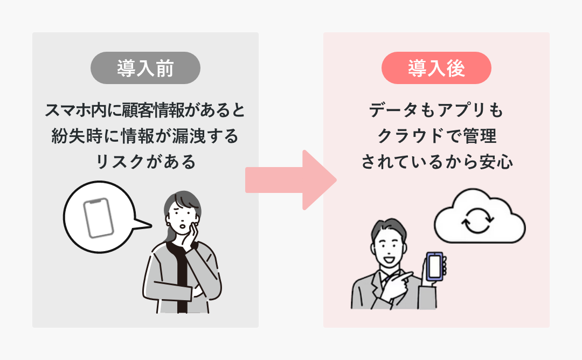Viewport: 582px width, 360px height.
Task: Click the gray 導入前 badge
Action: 145,68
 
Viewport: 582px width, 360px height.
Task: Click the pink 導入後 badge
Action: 436,68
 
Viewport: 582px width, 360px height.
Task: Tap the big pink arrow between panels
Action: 291,179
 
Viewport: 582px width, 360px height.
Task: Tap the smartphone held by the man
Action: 435,266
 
